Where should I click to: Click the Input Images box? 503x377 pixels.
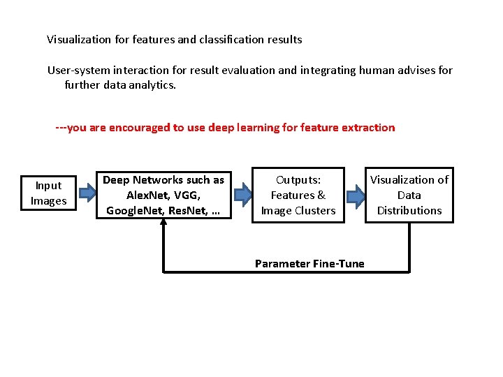point(48,193)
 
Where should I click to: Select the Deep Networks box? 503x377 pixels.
point(164,195)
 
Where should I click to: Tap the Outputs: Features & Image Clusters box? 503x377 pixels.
point(298,195)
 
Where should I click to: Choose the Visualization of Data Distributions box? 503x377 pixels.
point(409,195)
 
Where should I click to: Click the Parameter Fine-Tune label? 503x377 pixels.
point(309,263)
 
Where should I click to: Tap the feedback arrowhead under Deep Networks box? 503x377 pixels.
point(163,222)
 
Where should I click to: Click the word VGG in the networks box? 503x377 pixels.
point(187,195)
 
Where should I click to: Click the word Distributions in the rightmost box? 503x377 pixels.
point(409,211)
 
